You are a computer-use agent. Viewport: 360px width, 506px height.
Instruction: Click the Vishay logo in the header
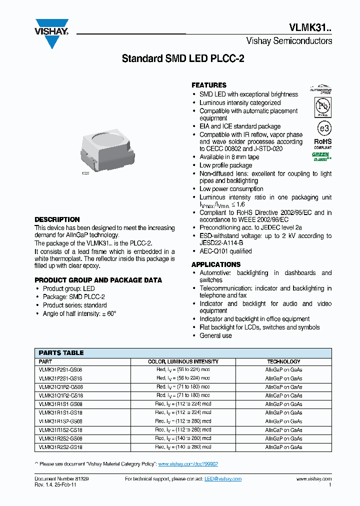[51, 33]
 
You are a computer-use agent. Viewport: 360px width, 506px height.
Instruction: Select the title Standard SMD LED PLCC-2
[183, 59]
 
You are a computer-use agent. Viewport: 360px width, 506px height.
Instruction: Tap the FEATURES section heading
[209, 85]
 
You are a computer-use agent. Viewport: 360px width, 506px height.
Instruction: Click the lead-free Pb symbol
[322, 106]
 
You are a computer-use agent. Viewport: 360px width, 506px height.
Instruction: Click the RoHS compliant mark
[322, 144]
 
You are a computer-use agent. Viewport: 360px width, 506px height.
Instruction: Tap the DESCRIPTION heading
[57, 219]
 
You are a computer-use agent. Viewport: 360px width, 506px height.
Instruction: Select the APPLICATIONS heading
[216, 264]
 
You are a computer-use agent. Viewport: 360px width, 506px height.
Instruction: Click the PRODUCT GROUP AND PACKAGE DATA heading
[98, 280]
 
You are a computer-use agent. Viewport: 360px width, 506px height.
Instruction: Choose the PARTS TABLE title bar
[61, 352]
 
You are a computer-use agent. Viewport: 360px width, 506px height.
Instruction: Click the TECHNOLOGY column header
[283, 361]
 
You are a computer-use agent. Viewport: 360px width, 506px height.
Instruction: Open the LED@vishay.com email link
[223, 479]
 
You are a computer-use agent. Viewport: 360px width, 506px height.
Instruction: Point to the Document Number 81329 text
[62, 479]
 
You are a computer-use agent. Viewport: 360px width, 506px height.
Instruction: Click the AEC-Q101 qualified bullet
[225, 251]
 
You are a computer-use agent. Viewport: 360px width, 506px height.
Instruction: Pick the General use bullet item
[215, 335]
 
